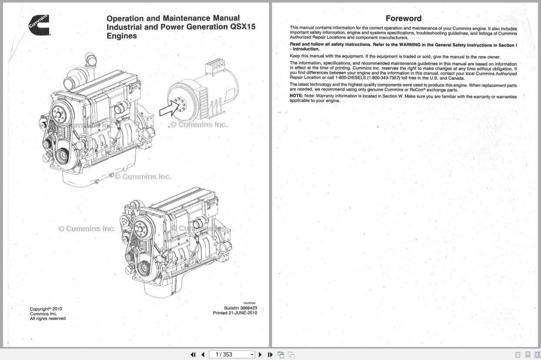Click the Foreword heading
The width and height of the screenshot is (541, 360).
403,18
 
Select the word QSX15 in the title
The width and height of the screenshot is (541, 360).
242,27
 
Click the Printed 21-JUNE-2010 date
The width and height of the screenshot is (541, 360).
235,313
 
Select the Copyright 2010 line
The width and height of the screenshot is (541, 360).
46,309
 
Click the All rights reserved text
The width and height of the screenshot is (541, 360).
47,319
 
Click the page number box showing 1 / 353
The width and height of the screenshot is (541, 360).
229,354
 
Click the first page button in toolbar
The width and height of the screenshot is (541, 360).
193,354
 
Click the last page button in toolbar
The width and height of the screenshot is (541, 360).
270,354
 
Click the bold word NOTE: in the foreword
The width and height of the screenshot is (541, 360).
296,96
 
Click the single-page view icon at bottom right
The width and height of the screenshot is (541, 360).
518,355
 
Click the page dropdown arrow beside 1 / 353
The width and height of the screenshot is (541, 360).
252,355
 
